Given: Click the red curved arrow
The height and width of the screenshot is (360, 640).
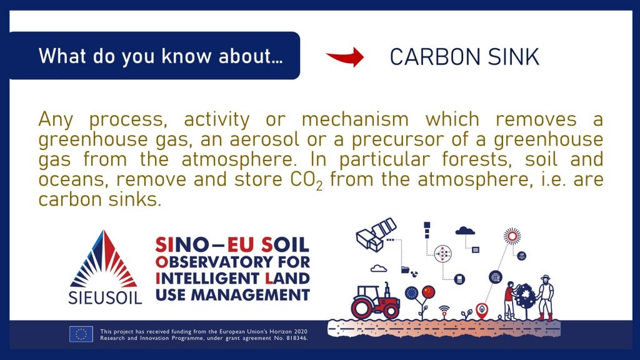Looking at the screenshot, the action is pyautogui.click(x=346, y=57).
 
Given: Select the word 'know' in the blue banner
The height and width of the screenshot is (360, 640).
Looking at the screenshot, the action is pyautogui.click(x=186, y=56).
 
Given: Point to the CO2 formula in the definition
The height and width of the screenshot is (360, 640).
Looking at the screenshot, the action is pyautogui.click(x=306, y=181).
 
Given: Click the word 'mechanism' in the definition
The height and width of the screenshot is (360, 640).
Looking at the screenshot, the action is pyautogui.click(x=355, y=119).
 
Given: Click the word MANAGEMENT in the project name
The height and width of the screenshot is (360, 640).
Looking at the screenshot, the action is pyautogui.click(x=250, y=294).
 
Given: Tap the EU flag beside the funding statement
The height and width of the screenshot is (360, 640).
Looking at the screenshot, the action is pyautogui.click(x=81, y=334).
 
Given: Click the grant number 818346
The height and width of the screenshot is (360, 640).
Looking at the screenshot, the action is pyautogui.click(x=296, y=338).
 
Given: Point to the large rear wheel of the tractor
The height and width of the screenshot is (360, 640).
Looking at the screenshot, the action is pyautogui.click(x=361, y=308).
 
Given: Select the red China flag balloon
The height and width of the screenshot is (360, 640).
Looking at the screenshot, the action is pyautogui.click(x=429, y=292).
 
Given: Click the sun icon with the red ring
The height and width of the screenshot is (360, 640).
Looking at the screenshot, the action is pyautogui.click(x=512, y=236).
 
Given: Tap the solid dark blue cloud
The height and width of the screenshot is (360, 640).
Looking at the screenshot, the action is pyautogui.click(x=465, y=231).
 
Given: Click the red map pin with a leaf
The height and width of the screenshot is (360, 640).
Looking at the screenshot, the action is pyautogui.click(x=482, y=310).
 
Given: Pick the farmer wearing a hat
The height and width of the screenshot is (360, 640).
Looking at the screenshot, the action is pyautogui.click(x=545, y=297).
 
